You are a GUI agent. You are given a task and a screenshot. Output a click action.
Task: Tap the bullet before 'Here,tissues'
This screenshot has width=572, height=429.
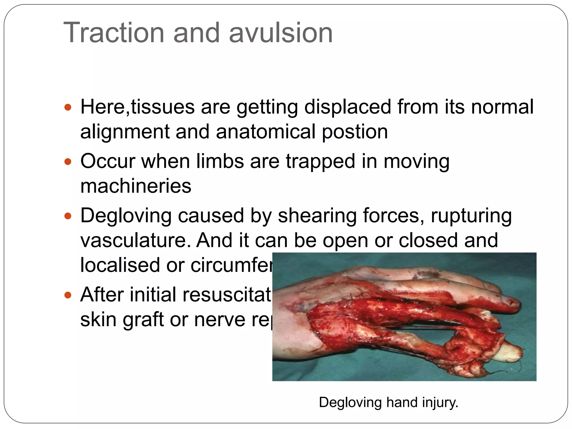68,107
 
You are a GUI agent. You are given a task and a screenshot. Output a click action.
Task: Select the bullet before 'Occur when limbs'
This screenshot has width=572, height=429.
68,161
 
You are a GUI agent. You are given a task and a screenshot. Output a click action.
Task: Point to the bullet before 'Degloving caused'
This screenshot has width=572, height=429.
68,216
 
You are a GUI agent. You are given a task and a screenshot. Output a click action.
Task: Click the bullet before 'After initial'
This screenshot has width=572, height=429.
68,295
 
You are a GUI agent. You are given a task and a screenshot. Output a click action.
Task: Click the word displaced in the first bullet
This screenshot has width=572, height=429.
347,107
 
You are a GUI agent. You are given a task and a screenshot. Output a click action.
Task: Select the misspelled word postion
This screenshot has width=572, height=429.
355,132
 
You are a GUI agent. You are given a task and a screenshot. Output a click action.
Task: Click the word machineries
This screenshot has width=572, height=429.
136,186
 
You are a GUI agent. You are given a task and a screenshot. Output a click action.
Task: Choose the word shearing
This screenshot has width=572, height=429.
317,216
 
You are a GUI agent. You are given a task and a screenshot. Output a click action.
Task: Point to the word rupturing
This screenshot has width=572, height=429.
471,216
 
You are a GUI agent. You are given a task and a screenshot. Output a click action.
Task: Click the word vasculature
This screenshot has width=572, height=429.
135,240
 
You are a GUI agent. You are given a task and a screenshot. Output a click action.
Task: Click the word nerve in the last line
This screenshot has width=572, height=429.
220,320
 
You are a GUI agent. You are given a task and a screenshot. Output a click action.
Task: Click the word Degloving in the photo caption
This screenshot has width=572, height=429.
350,402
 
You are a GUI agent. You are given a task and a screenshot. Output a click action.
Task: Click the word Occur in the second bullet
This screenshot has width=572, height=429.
108,161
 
